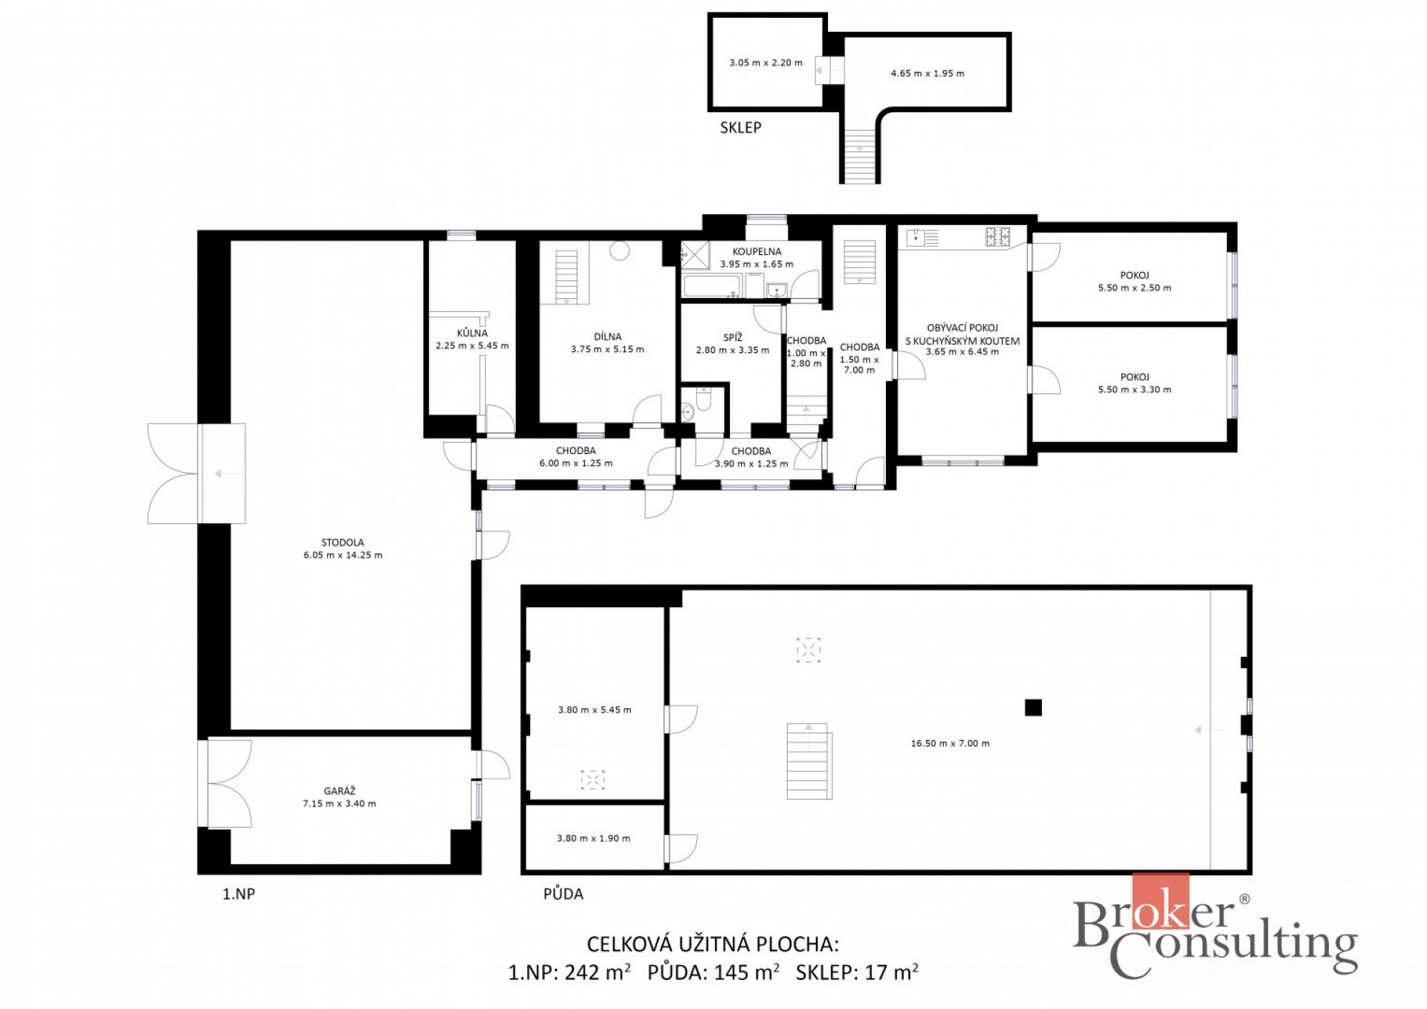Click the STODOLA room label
(x=343, y=542)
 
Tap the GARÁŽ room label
(x=340, y=791)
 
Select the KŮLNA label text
(x=472, y=333)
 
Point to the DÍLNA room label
(x=607, y=337)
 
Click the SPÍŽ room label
(x=733, y=337)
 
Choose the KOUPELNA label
(x=757, y=252)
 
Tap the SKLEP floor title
(x=740, y=128)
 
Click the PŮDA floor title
(x=563, y=894)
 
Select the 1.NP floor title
(x=239, y=894)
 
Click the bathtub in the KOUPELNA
(x=713, y=286)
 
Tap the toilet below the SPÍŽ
(x=703, y=401)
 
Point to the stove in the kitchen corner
(x=997, y=237)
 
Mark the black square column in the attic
(x=1033, y=707)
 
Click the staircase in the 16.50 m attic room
(x=809, y=761)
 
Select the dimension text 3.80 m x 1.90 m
(x=593, y=838)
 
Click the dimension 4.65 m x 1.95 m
(x=928, y=74)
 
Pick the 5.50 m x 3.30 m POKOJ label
(x=1134, y=383)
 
